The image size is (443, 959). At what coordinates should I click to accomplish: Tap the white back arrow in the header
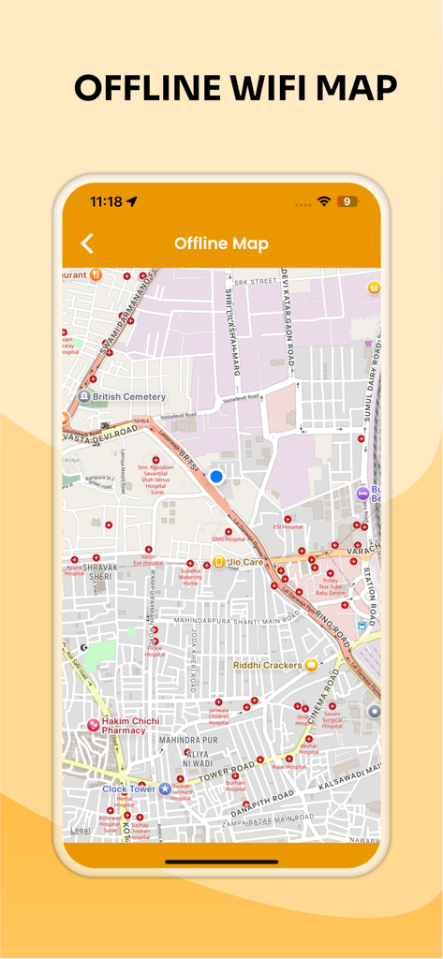coord(87,243)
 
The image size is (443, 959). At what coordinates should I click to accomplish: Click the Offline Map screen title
coord(221,243)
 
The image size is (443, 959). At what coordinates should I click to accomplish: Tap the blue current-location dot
coord(216,477)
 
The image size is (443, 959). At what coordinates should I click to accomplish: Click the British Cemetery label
coord(129,397)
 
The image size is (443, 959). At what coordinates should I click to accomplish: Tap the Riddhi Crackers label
coord(267,665)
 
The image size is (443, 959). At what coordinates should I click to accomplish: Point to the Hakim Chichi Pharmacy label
coord(130,726)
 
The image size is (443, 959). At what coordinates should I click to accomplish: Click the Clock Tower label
coord(128,789)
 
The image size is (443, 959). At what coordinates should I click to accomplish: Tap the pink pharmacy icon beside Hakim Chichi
coord(93,725)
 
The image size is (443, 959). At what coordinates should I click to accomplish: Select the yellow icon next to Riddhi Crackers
coord(311,665)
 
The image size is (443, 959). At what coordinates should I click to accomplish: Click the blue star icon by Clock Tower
coord(165,789)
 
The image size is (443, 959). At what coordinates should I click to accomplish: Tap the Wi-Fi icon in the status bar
coord(324,201)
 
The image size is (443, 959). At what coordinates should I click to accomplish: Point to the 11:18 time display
coord(106,201)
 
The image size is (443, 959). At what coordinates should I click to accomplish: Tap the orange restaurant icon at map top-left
coord(96,275)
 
